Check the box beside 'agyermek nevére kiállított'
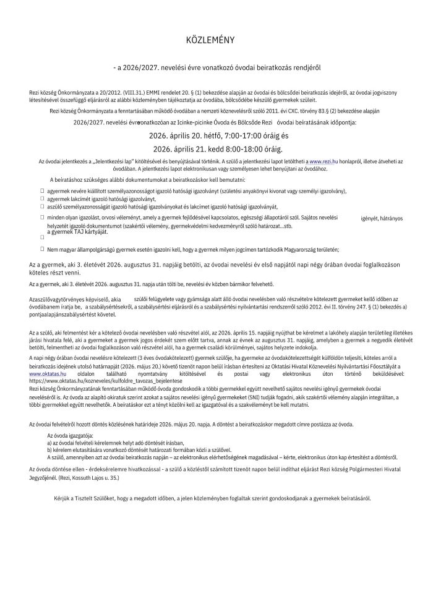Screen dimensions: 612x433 point(43,191)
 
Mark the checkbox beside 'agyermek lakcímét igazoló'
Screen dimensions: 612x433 point(43,199)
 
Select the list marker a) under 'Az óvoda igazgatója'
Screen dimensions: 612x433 point(49,443)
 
